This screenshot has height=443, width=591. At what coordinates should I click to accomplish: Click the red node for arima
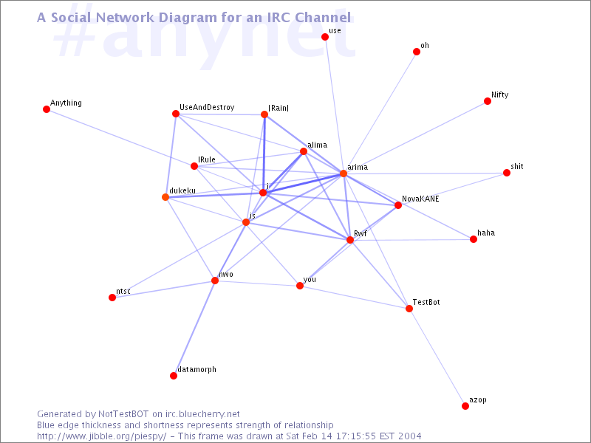[344, 174]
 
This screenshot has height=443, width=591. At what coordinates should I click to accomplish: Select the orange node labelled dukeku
[165, 197]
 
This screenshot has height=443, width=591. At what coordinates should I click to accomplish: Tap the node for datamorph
[174, 376]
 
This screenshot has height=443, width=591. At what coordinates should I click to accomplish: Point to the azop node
[465, 405]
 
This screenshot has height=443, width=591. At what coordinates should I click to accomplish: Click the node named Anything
[47, 109]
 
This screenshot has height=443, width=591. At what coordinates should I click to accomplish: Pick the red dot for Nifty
[488, 101]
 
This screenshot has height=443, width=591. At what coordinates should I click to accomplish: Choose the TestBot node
[409, 309]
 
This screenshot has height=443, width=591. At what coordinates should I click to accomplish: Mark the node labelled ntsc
[112, 298]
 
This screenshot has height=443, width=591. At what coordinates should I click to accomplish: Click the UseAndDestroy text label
[207, 107]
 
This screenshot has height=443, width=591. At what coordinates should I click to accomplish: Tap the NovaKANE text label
[420, 199]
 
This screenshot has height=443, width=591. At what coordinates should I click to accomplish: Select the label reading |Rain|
[279, 108]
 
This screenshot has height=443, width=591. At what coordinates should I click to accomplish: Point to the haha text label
[486, 233]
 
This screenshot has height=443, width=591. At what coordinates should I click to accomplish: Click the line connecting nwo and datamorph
[194, 328]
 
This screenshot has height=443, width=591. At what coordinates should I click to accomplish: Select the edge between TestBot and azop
[437, 357]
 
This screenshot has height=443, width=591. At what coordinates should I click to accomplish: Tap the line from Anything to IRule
[120, 137]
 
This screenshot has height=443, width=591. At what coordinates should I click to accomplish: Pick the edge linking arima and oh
[380, 112]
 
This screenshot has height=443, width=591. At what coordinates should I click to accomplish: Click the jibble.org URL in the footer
[101, 436]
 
